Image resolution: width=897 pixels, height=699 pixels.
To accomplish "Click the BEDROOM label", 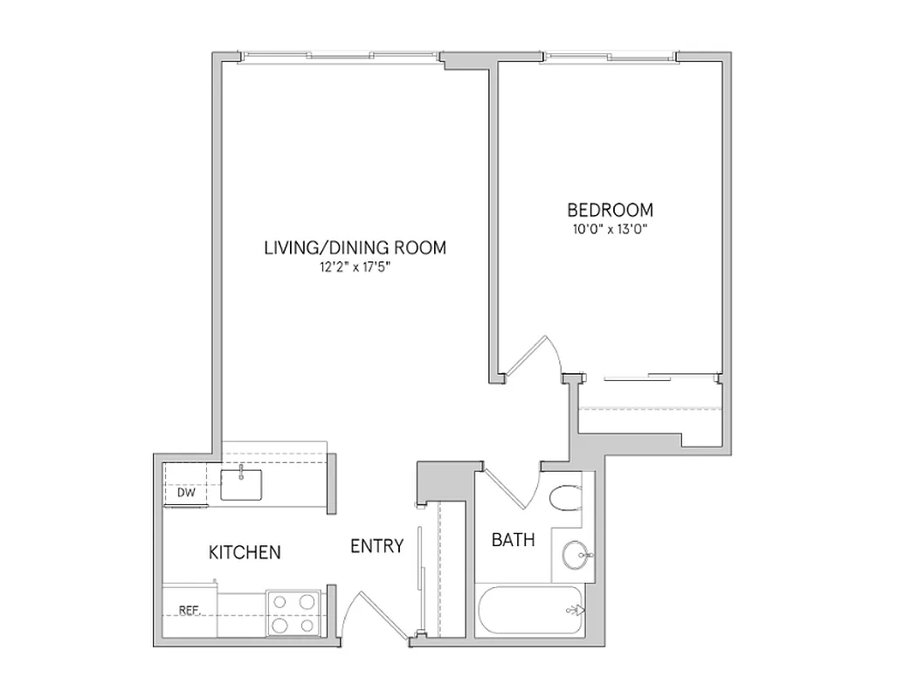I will pyautogui.click(x=610, y=211).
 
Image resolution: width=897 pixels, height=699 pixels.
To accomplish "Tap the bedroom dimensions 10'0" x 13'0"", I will pyautogui.click(x=610, y=230).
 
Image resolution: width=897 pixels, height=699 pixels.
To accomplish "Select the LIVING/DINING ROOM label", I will pyautogui.click(x=355, y=248).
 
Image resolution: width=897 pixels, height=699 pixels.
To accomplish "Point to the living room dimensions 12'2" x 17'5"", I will pyautogui.click(x=355, y=268).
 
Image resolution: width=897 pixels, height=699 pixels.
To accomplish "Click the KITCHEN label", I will pyautogui.click(x=245, y=552).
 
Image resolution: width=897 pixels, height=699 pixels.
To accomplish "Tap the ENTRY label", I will pyautogui.click(x=376, y=547).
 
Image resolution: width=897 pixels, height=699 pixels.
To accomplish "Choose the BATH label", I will pyautogui.click(x=513, y=541).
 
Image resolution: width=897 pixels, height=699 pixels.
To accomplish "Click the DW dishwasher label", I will pyautogui.click(x=185, y=493).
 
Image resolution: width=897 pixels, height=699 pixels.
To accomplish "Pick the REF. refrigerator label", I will pyautogui.click(x=189, y=611).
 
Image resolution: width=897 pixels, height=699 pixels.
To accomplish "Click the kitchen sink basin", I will pyautogui.click(x=239, y=484).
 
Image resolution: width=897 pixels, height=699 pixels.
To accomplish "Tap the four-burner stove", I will pyautogui.click(x=293, y=612).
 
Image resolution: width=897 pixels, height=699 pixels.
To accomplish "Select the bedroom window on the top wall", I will pyautogui.click(x=611, y=57).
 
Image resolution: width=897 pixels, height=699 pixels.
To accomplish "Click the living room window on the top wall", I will pyautogui.click(x=340, y=57).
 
